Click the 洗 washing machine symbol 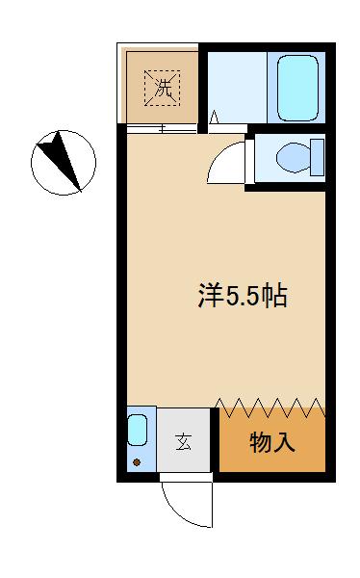(x=162, y=88)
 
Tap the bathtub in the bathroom (x=297, y=88)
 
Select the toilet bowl (x=294, y=157)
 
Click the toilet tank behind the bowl (x=318, y=157)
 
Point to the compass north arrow (x=61, y=159)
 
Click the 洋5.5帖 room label (x=243, y=296)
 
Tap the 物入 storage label (x=272, y=442)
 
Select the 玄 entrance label (x=183, y=442)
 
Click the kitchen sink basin (x=138, y=430)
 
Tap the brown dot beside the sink (x=137, y=462)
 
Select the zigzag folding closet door (x=270, y=407)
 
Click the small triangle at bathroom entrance (x=214, y=118)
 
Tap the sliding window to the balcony (x=162, y=129)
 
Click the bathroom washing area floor (x=238, y=88)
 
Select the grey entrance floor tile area (x=184, y=439)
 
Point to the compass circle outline (x=64, y=130)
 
